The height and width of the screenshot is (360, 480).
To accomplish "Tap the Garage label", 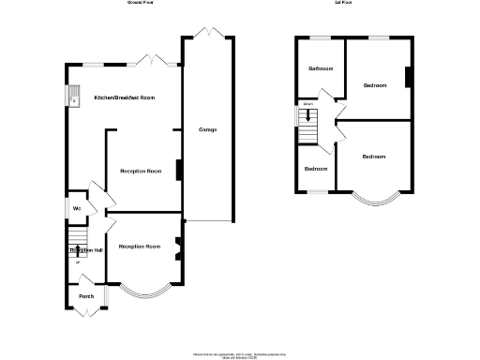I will [x=207, y=129].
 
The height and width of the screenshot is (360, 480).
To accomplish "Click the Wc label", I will [x=75, y=208].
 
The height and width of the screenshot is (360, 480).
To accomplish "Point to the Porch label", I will [x=86, y=297].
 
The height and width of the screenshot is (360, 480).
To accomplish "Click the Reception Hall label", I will [x=86, y=251].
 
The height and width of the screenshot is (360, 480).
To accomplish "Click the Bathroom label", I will [x=322, y=67].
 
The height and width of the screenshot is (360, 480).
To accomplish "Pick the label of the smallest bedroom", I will [x=316, y=169].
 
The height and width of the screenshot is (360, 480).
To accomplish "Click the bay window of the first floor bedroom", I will [x=374, y=198].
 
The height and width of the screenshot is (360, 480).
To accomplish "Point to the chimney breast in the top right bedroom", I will [x=408, y=78].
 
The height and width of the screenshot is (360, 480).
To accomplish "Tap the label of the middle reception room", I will [x=141, y=172].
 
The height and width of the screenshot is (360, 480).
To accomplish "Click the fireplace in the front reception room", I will [x=178, y=248].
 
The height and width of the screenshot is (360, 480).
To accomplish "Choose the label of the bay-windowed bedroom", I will [x=374, y=157].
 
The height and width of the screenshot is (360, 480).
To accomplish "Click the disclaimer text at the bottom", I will [x=239, y=355].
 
